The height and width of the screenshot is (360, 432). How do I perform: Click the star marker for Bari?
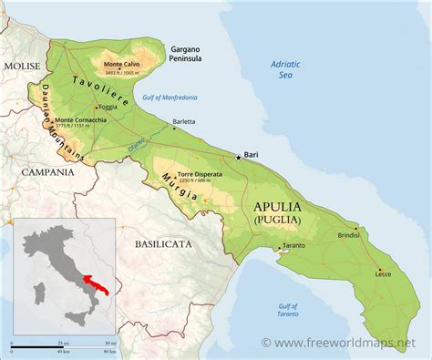(x=240, y=157)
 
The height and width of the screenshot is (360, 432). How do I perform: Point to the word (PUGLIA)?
(x=275, y=220)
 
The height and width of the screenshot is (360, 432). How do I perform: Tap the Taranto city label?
(x=293, y=247)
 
